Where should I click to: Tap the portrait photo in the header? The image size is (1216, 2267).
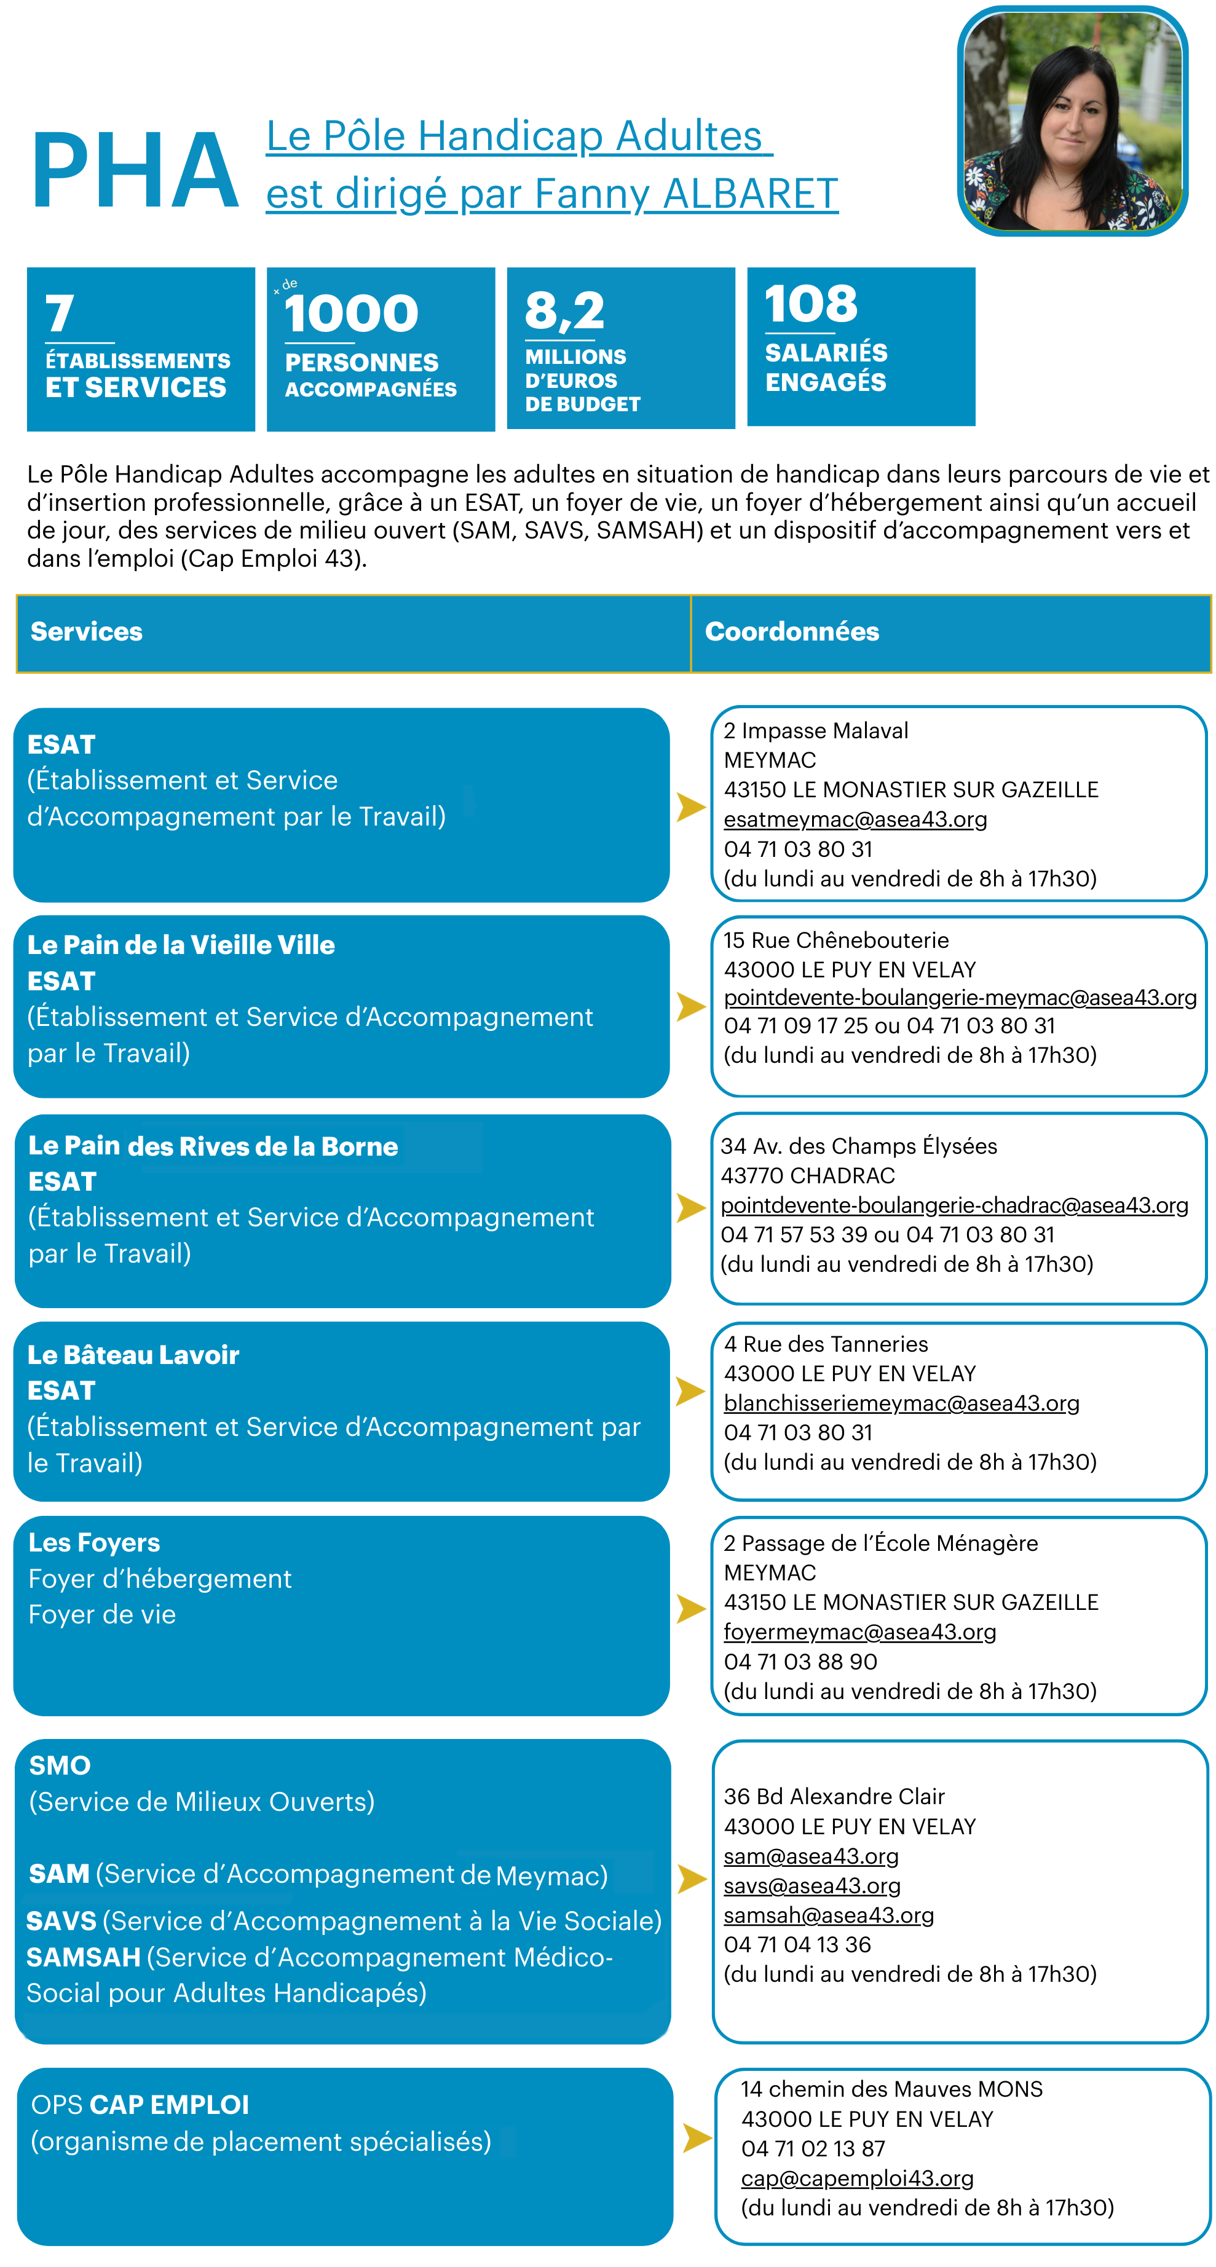(1072, 122)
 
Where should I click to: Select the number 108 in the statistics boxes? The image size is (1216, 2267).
(810, 304)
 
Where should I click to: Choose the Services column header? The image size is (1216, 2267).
(86, 632)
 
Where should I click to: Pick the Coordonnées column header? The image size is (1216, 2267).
(792, 632)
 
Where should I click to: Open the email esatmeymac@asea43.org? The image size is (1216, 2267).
(855, 819)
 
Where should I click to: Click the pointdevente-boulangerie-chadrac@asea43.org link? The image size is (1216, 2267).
(953, 1205)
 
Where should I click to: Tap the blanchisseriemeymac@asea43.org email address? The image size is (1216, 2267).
(901, 1403)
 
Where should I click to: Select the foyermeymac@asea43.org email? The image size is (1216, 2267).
(859, 1631)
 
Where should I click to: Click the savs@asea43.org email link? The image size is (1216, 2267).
(811, 1885)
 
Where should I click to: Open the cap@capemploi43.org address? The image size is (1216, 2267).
(856, 2178)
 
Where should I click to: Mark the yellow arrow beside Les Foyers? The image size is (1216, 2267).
(691, 1609)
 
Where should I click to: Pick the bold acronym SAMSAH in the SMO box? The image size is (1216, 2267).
(84, 1957)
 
